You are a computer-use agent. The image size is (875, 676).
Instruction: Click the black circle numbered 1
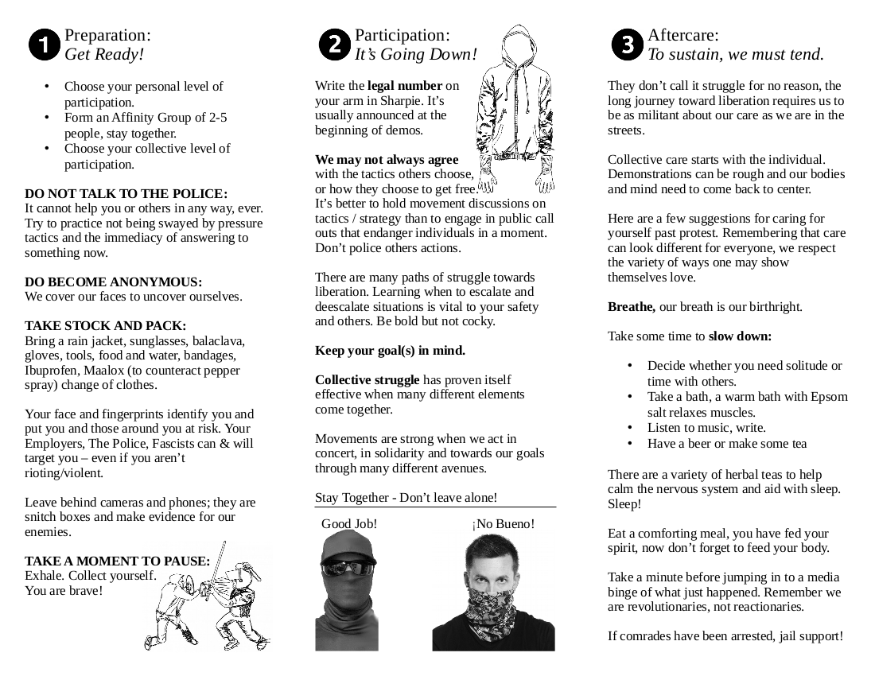coord(45,45)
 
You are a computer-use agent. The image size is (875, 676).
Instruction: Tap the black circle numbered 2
coord(334,45)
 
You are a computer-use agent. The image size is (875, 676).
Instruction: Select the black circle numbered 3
coord(627,45)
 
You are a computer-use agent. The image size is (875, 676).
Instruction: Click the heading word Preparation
coord(107,36)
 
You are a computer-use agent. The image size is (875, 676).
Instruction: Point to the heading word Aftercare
coord(682,36)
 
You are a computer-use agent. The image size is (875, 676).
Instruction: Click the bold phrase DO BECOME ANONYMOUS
coord(113,282)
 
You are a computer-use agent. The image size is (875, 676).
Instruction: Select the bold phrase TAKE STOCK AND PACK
coord(105,326)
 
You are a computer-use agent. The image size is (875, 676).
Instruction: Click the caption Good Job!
coord(349,524)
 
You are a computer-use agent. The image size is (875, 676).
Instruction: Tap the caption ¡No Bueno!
coord(503,524)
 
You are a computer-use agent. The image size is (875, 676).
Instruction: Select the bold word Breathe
coord(632,307)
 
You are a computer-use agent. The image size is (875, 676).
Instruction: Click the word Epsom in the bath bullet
coord(830,397)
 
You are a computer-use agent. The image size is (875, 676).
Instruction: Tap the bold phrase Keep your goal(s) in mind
coord(390,351)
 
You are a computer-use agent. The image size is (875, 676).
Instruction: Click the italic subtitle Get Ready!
coord(104,55)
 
